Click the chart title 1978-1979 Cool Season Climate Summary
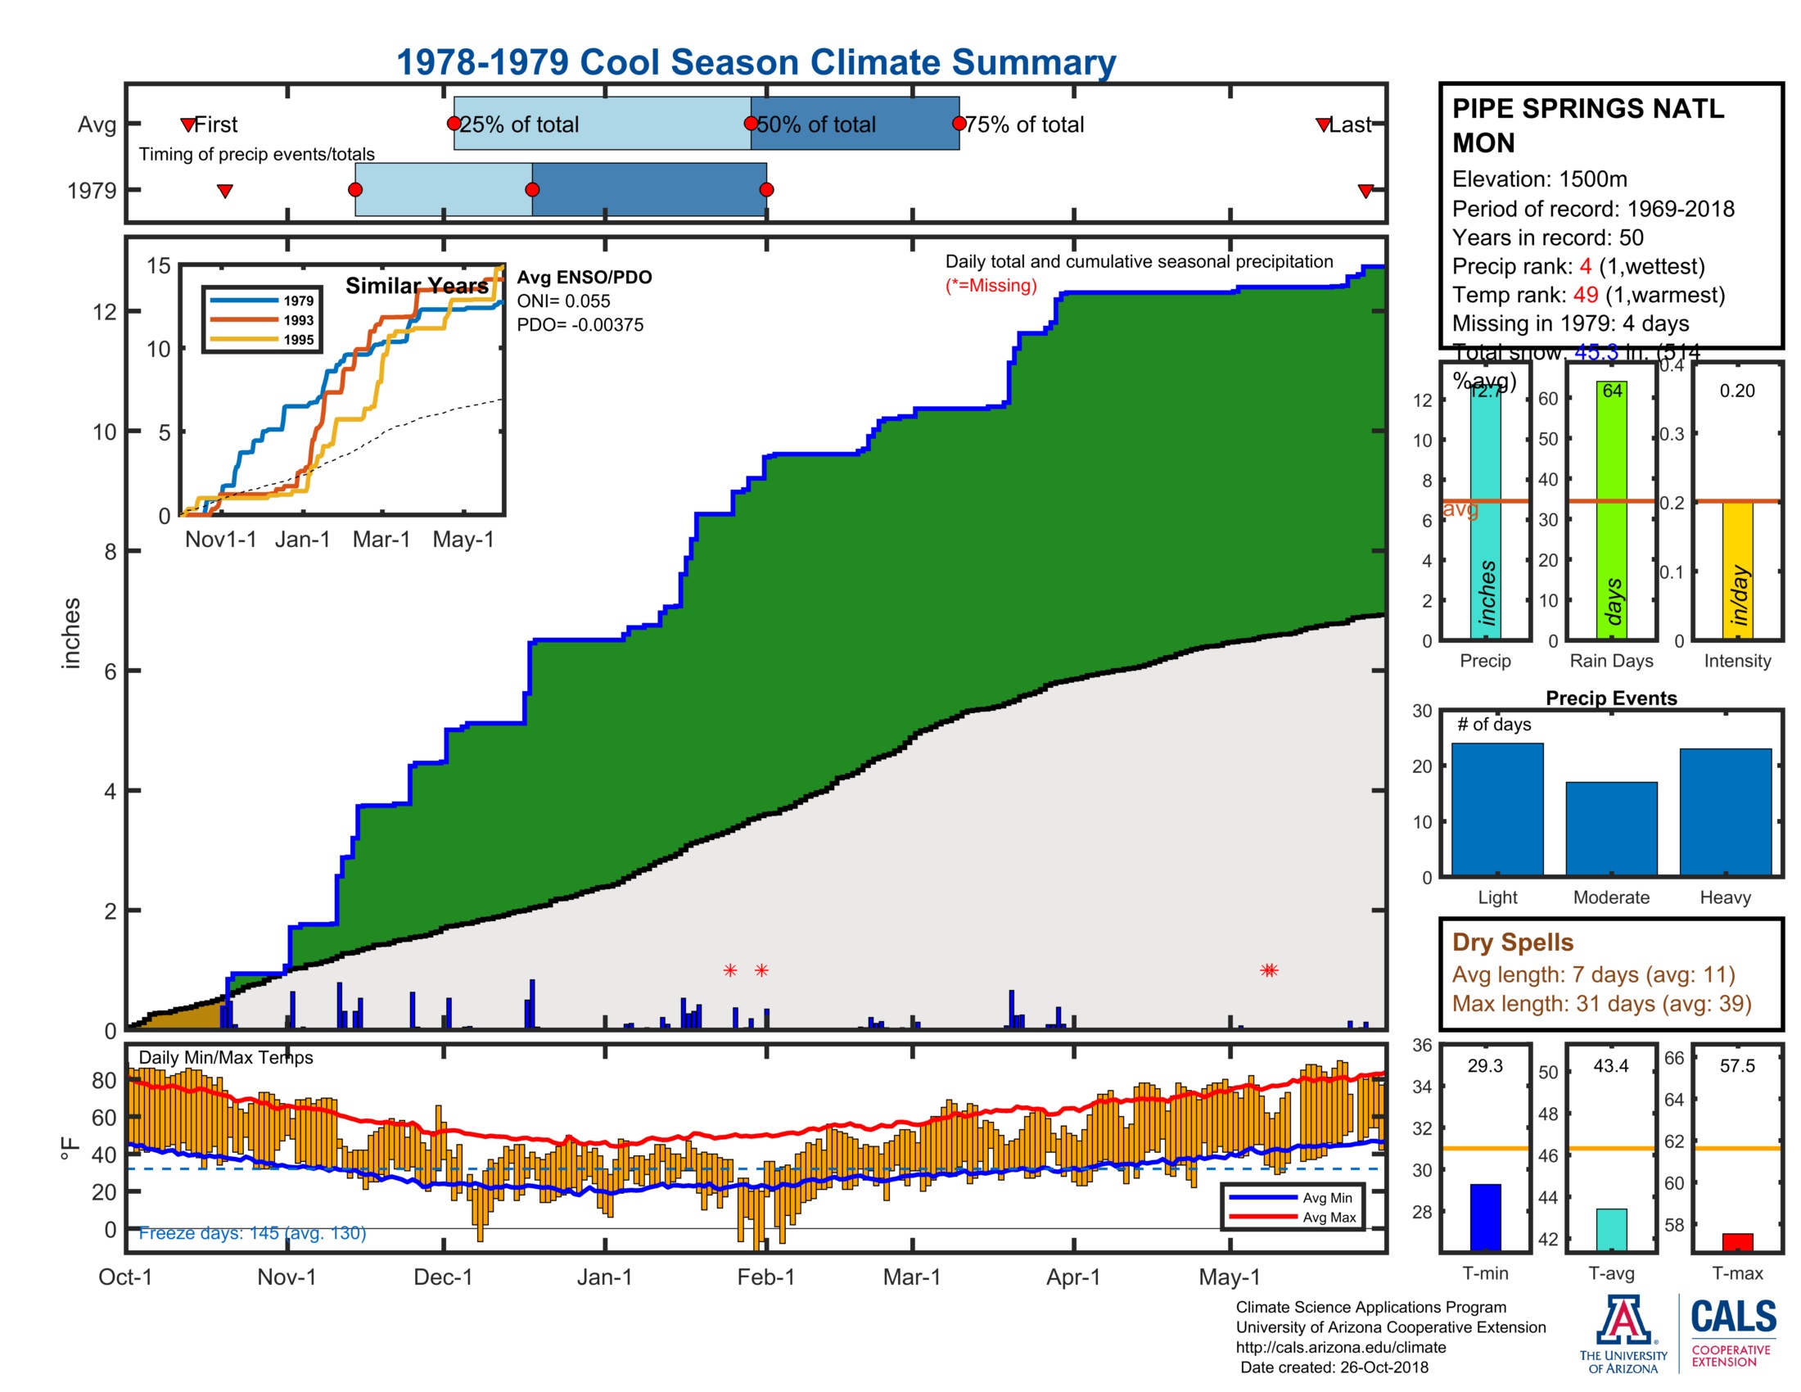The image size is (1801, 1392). click(x=756, y=62)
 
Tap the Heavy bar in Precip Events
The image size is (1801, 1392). click(x=1724, y=811)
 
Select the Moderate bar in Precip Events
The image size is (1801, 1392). click(x=1610, y=828)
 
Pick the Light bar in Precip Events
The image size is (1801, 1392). click(x=1496, y=809)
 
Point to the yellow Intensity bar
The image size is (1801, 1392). click(x=1736, y=570)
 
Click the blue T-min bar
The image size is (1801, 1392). click(x=1484, y=1217)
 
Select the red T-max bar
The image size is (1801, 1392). click(x=1736, y=1241)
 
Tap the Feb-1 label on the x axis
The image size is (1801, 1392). click(x=765, y=1277)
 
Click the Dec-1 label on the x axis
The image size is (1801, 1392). click(x=443, y=1277)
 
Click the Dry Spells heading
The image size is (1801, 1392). click(x=1512, y=942)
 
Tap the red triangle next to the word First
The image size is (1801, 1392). click(x=188, y=124)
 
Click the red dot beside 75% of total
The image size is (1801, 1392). click(x=959, y=124)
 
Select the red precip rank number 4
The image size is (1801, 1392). click(x=1585, y=266)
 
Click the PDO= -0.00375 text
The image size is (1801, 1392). click(x=580, y=325)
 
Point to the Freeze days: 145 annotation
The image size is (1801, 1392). click(x=251, y=1232)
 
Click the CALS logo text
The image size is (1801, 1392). click(x=1732, y=1316)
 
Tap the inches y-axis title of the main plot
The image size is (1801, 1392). click(x=72, y=632)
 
